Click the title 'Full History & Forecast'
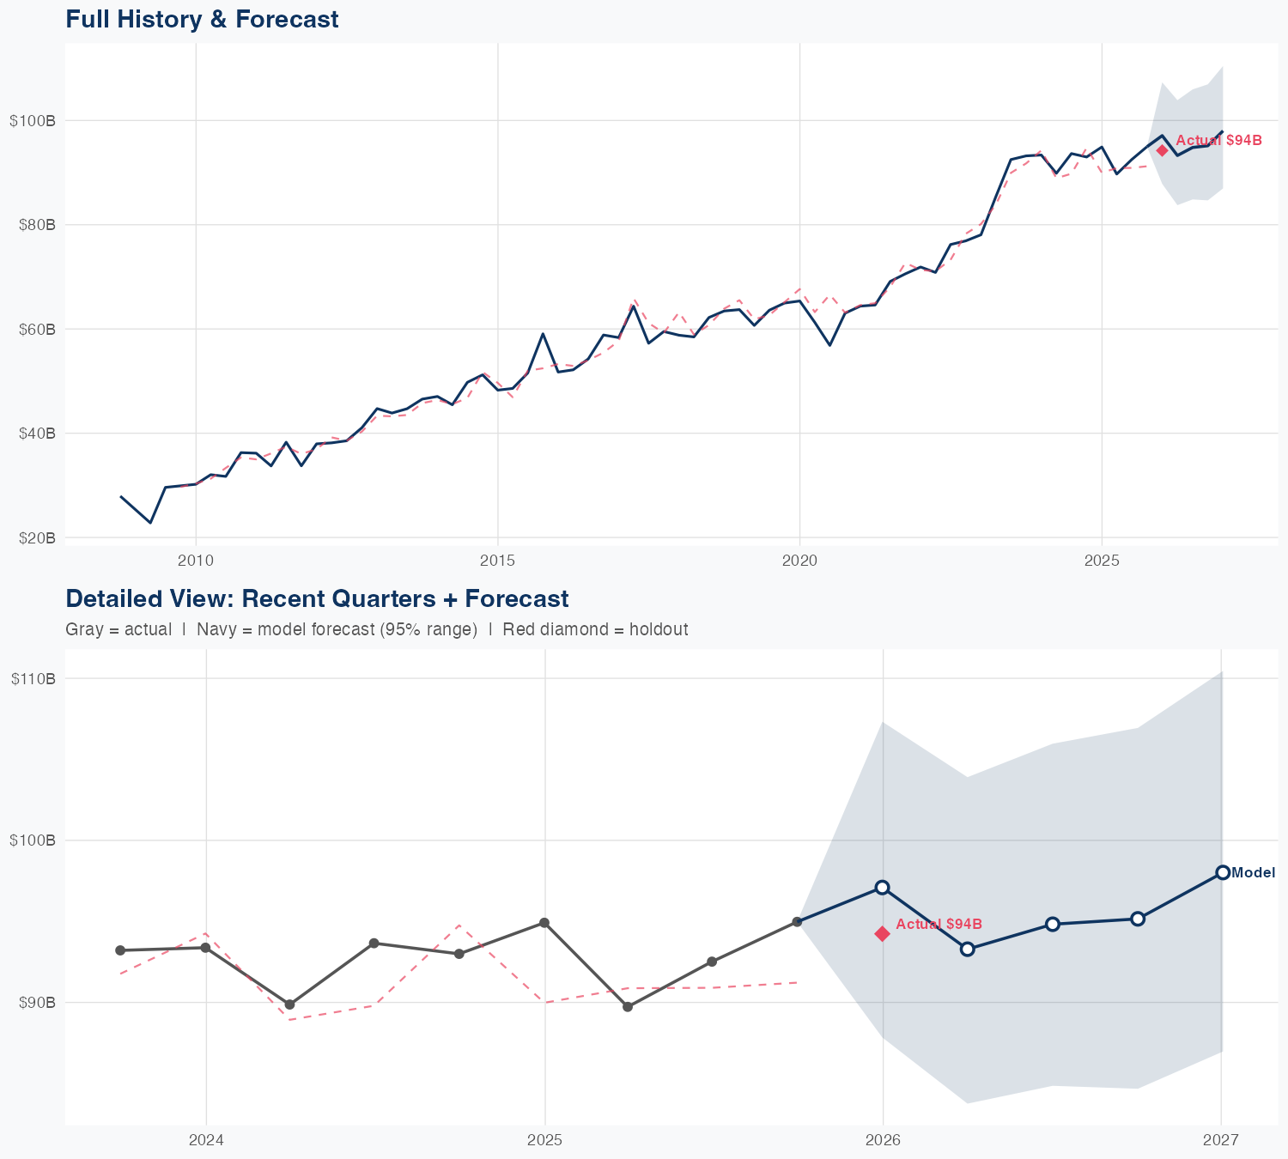tap(202, 19)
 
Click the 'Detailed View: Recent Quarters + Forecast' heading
tap(317, 598)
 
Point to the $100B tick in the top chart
tap(33, 121)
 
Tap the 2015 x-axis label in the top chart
tap(497, 561)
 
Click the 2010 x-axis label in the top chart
tap(196, 561)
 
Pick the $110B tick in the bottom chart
tap(33, 679)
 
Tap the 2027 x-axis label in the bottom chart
tap(1220, 1141)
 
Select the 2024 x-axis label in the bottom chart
tap(206, 1141)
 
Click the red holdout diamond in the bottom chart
tap(882, 934)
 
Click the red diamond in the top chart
tap(1162, 150)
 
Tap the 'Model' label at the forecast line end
tap(1253, 873)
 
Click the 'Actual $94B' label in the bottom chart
tap(939, 924)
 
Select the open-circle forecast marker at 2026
tap(882, 887)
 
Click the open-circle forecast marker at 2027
tap(1223, 872)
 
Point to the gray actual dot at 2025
tap(544, 923)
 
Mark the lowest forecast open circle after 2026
tap(967, 949)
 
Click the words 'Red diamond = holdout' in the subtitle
tap(595, 630)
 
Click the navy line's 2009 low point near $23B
tap(150, 522)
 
